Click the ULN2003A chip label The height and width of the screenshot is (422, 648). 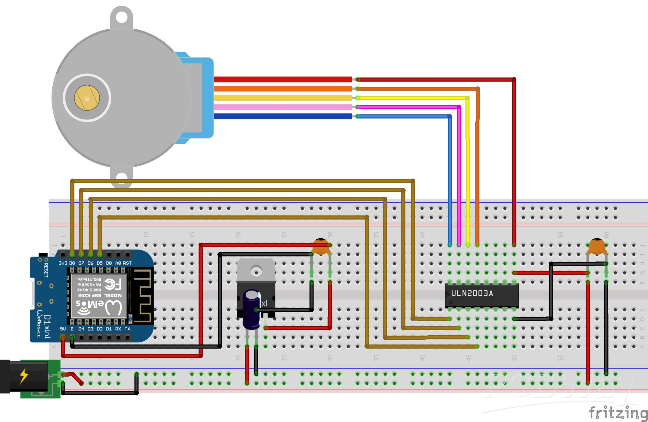coord(472,293)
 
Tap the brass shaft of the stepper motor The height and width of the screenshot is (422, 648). coord(87,98)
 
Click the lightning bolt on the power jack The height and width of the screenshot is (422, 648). coord(24,376)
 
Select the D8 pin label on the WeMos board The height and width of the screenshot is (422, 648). coord(72,263)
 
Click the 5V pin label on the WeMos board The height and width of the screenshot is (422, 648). coord(63,329)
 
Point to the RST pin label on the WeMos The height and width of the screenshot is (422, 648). coord(127,263)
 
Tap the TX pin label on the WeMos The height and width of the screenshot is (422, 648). coord(127,329)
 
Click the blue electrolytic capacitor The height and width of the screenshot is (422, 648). coord(251,309)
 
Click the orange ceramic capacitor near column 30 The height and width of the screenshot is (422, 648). coord(321,247)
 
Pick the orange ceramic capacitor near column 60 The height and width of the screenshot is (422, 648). coord(597,247)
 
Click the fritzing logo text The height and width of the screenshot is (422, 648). coord(618,412)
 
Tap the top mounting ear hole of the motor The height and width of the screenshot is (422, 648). coord(121,16)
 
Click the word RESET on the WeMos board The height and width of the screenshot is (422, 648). coord(46,270)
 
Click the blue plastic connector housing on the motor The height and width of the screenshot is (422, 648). coord(201,97)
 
